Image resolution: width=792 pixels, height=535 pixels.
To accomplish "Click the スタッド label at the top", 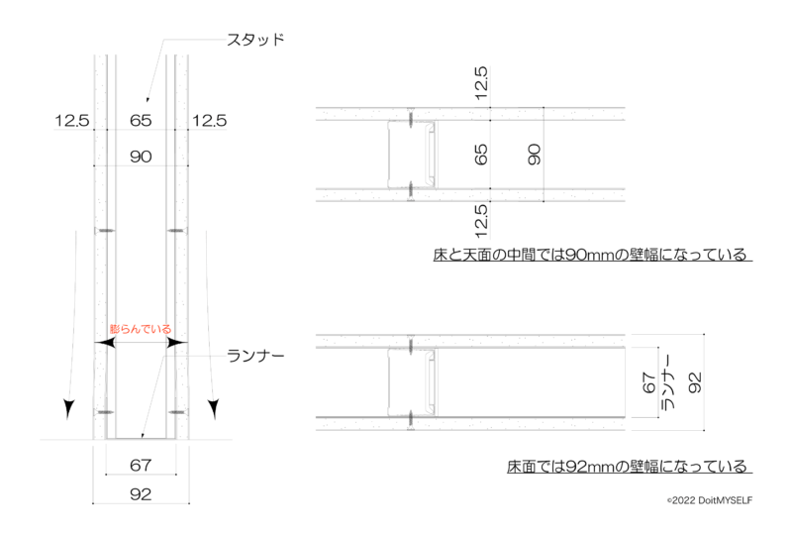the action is (x=255, y=40).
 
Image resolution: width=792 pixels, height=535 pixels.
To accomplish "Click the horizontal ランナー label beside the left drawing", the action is (x=255, y=356).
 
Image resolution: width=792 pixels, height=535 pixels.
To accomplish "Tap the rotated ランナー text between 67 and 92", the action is (x=667, y=382).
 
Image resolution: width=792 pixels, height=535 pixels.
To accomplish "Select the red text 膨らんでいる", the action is (x=141, y=329).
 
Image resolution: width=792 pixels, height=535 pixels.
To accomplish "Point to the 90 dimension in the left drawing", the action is (x=141, y=157).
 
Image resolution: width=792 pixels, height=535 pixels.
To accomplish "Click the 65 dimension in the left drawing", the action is (x=141, y=120).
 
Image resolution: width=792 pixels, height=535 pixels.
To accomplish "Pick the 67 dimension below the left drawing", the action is (x=141, y=465).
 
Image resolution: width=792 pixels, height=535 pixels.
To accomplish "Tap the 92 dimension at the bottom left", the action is (x=141, y=494).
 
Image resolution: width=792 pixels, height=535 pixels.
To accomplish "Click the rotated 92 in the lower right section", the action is (x=695, y=382).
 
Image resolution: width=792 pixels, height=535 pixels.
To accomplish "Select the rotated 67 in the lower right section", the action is (x=648, y=382).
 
